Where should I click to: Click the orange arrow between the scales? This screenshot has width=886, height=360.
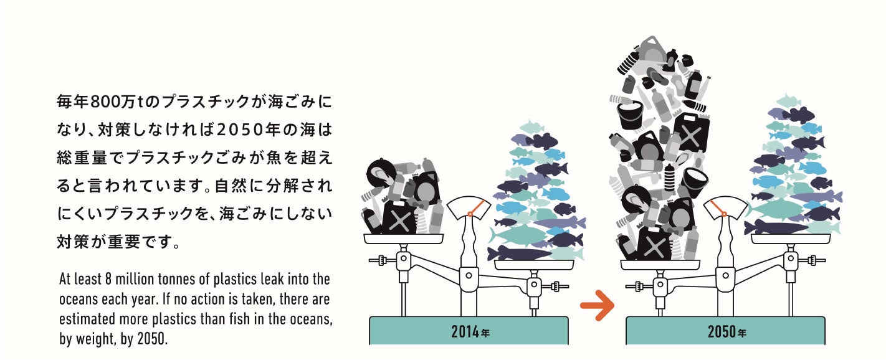598,305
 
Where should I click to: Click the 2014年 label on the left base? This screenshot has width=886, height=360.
470,331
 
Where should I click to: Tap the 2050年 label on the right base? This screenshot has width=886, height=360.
726,331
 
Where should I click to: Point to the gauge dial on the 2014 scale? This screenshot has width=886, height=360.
469,207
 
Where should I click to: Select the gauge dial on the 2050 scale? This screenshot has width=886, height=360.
725,207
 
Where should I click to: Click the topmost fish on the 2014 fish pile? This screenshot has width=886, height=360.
531,127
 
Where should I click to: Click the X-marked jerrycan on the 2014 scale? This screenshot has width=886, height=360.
399,218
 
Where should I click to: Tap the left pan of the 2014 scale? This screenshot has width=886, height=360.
404,239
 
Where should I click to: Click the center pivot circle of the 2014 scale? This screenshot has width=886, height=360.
469,275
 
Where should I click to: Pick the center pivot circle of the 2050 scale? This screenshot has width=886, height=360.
725,275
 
